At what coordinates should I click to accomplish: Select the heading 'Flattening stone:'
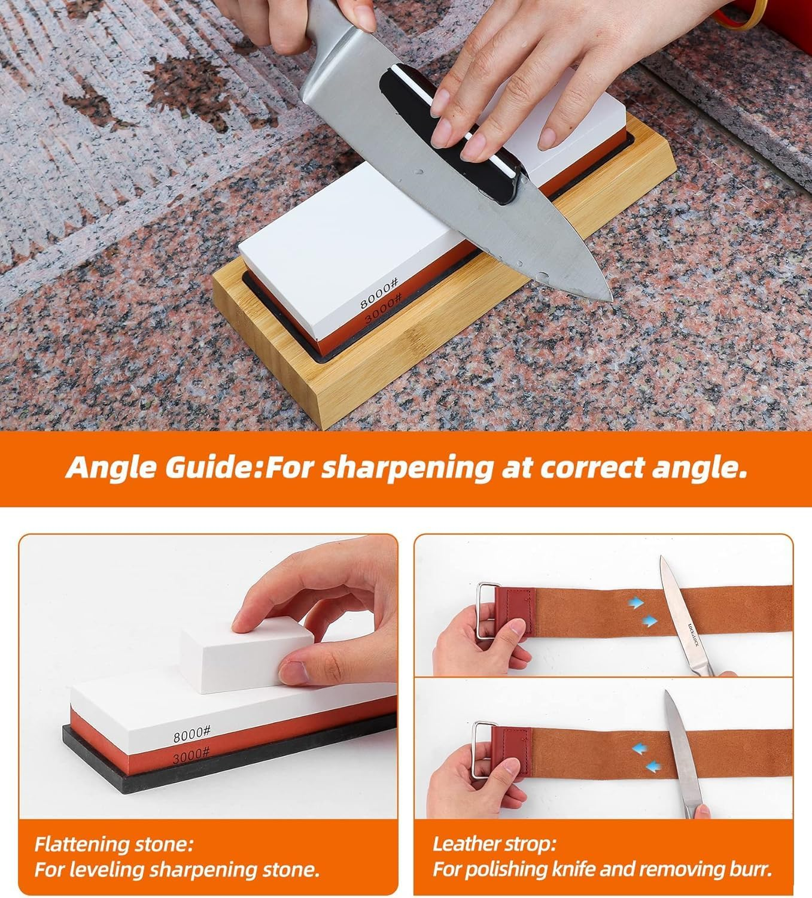pyautogui.click(x=114, y=845)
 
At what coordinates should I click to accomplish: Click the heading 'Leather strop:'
pyautogui.click(x=494, y=845)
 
